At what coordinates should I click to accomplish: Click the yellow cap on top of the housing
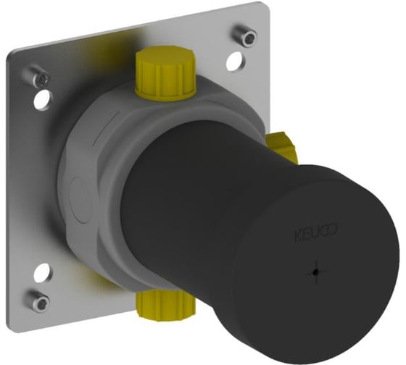(x=165, y=73)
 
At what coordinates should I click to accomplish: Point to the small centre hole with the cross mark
(x=315, y=272)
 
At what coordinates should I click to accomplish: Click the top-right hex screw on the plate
(x=246, y=36)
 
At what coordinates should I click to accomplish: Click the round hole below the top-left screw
(x=43, y=100)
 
